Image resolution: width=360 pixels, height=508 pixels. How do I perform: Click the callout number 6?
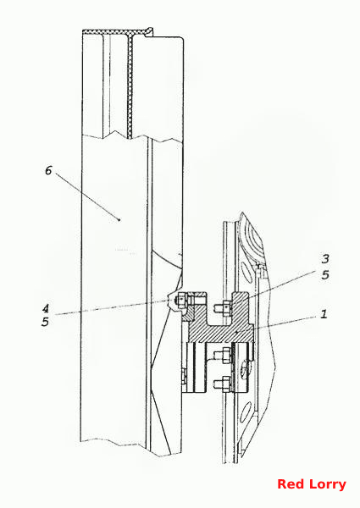point(48,170)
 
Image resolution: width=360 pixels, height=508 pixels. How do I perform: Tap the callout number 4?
point(46,308)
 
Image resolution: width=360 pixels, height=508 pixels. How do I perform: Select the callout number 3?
point(325,259)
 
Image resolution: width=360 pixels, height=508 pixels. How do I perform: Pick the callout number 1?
point(324,314)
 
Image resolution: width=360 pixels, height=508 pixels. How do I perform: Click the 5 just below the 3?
point(325,275)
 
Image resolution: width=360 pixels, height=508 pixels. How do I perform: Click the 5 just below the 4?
point(45,322)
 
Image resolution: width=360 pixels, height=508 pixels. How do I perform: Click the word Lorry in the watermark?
point(327,485)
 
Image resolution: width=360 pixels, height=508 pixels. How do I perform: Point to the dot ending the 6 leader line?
point(119,219)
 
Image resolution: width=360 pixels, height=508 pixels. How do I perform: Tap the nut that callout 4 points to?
point(180,301)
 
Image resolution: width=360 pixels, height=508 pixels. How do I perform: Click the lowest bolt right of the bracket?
point(223,384)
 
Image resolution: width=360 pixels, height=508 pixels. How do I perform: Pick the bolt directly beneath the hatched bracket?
point(223,354)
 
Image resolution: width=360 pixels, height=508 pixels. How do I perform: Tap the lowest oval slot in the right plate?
point(246,411)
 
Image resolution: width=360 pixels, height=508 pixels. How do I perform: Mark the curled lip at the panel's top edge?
point(149,31)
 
